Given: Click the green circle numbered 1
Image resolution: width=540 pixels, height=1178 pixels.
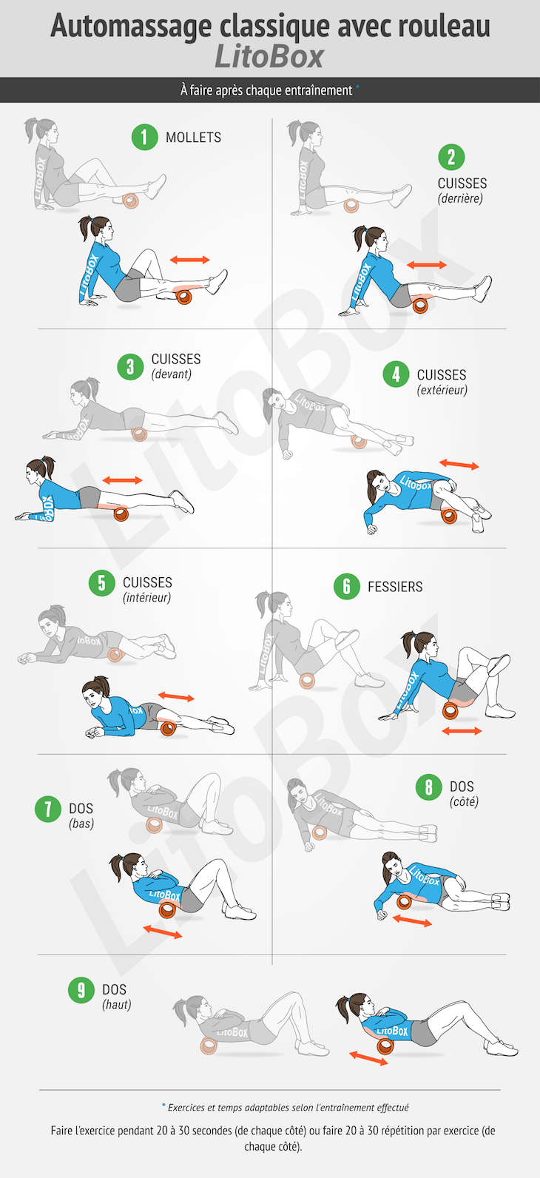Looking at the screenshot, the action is click(144, 137).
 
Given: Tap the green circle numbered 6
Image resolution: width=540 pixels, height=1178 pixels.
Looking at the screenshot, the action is click(347, 586).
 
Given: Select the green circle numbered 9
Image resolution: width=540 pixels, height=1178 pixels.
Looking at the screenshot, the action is click(81, 990).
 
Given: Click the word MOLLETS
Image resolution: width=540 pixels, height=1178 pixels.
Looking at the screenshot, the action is click(194, 137).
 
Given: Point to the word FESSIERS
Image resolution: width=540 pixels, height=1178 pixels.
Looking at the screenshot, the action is click(395, 586).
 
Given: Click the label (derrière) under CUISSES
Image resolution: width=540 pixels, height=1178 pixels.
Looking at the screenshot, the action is click(460, 198).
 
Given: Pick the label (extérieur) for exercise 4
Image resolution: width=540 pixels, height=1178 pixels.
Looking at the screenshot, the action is click(442, 390).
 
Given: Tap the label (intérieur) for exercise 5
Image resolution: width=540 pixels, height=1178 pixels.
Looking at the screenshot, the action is click(146, 597).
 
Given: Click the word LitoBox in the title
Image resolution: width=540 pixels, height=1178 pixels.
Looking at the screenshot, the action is click(269, 57).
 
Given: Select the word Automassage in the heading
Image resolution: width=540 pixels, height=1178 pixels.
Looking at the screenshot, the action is click(131, 27).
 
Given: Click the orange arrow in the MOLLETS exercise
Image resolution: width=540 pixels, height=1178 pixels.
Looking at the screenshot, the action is click(190, 260).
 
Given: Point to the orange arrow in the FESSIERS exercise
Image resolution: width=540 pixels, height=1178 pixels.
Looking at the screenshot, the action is click(462, 731).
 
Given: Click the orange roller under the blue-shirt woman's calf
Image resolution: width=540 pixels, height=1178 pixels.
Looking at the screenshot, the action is click(184, 297).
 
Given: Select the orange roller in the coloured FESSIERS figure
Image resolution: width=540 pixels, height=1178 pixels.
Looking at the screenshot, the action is click(450, 710).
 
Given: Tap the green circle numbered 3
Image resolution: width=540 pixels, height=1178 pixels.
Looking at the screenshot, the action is click(130, 366).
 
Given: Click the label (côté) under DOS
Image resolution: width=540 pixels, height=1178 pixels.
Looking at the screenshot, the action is click(464, 801).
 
